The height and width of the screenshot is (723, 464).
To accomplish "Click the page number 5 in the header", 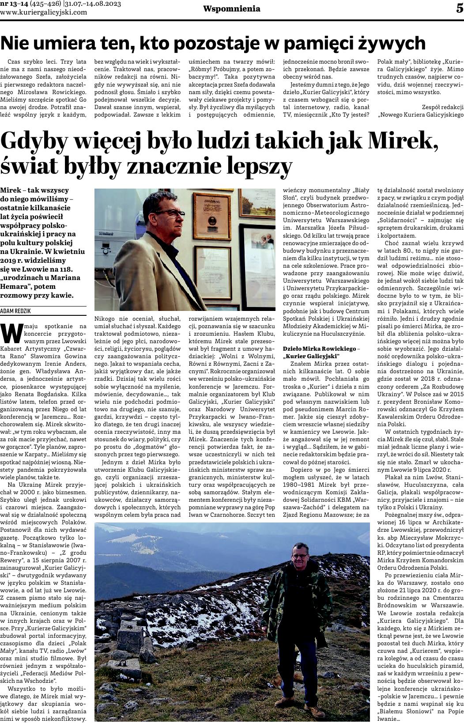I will pos(459,8).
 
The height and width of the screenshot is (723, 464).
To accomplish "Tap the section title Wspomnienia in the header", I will pos(226,9).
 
